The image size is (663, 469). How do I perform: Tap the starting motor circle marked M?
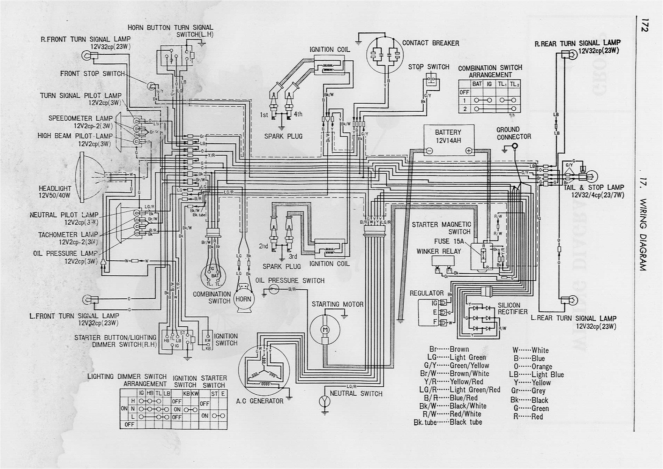(325, 330)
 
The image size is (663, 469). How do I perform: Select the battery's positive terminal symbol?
(469, 151)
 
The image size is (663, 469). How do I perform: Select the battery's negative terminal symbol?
(429, 151)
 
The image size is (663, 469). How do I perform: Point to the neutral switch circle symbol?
(325, 401)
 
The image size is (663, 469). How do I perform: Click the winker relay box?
(443, 261)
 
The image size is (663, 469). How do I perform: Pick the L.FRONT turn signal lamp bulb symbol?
(87, 299)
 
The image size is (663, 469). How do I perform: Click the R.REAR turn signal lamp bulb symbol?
(572, 54)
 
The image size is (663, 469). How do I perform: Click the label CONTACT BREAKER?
(430, 43)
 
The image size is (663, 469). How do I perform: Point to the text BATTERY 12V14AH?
(448, 136)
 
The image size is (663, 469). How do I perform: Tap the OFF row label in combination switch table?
(464, 92)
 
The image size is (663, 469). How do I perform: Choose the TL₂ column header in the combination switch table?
(514, 84)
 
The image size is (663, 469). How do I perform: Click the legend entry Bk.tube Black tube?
(448, 422)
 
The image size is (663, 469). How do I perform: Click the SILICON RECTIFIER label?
(512, 308)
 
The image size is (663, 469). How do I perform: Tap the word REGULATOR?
(426, 293)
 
